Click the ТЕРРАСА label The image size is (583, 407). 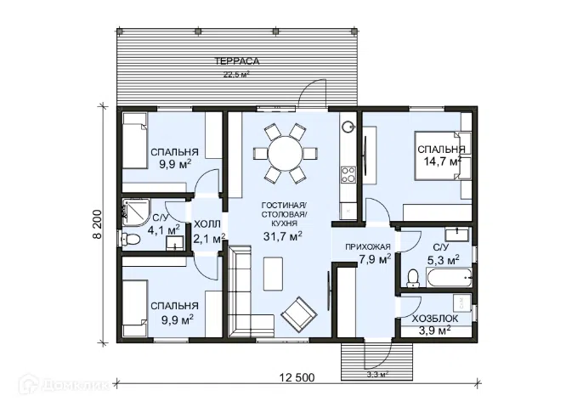point(236,61)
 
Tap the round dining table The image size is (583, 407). point(286,154)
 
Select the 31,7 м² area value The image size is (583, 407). point(282,236)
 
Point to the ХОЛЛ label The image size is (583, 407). point(207,224)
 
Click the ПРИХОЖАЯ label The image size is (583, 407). point(368,246)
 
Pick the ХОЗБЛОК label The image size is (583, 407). point(435,319)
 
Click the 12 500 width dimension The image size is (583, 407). point(297,377)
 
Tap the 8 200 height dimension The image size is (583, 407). point(98,224)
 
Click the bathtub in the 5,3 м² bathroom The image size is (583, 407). point(449,278)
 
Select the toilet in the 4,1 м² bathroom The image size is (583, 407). point(131,239)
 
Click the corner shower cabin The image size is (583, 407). point(136,212)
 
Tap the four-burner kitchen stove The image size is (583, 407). point(348,175)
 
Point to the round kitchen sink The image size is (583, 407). point(348,127)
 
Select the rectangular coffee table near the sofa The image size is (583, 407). point(274,274)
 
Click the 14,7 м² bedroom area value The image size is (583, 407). point(443,161)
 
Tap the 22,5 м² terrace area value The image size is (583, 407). point(236,74)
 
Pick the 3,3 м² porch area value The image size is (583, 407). point(377,375)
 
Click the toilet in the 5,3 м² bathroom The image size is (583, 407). point(413,279)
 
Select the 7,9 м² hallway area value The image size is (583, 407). point(375,258)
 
